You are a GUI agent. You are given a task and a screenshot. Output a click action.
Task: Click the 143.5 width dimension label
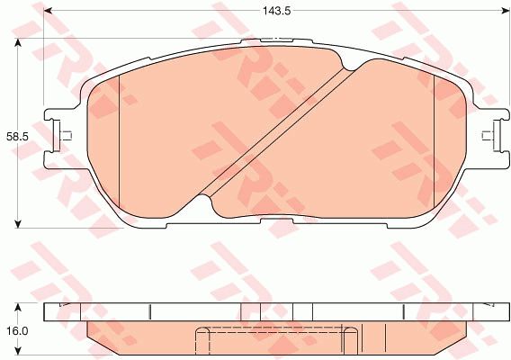tap(277, 11)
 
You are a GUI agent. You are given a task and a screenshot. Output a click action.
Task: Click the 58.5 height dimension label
tap(18, 137)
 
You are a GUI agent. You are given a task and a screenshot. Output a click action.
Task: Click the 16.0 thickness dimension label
tap(18, 331)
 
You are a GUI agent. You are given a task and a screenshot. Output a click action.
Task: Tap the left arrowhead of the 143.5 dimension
tap(48, 11)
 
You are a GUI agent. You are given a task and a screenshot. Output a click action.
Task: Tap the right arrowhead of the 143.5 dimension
tap(505, 11)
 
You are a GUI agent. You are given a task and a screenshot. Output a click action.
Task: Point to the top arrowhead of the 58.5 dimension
tap(18, 42)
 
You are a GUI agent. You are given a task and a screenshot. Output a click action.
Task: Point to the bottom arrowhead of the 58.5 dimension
tap(18, 224)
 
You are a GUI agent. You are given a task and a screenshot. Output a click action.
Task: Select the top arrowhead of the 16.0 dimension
tap(18, 307)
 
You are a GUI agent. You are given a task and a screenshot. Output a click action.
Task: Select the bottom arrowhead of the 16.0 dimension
tap(18, 351)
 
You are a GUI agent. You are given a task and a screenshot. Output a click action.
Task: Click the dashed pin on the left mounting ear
tap(67, 136)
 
